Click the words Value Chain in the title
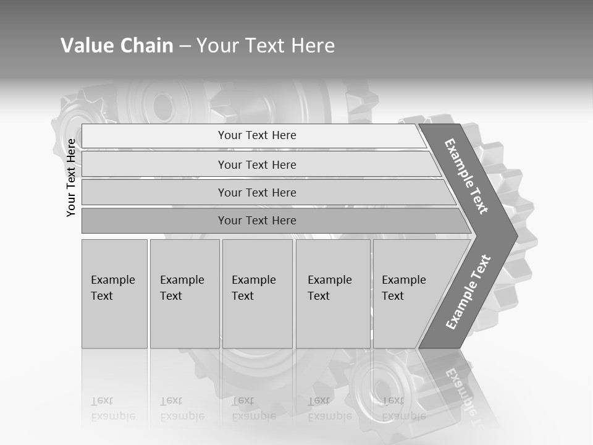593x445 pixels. [x=117, y=46]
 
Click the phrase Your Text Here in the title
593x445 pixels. [x=266, y=46]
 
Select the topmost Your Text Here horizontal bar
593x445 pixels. [x=256, y=135]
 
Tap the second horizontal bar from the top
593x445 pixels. [x=256, y=164]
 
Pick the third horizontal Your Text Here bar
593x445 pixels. [x=256, y=192]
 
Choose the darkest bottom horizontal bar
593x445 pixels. [x=256, y=221]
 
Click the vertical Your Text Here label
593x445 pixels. [x=71, y=177]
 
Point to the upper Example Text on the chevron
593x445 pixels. [x=466, y=176]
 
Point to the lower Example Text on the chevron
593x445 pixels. [x=468, y=292]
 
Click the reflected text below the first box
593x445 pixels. [x=112, y=409]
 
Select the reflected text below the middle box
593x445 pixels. [x=253, y=409]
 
